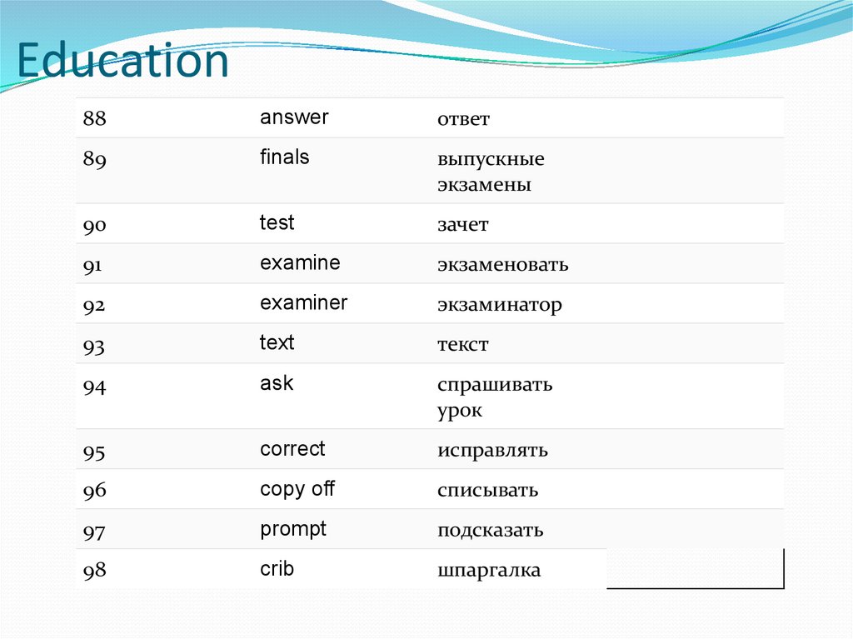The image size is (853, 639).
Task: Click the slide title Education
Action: (122, 61)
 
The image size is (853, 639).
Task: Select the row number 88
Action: (94, 119)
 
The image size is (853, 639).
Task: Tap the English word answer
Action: (294, 117)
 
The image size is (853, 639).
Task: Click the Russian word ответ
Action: (463, 119)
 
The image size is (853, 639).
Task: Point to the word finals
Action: (284, 157)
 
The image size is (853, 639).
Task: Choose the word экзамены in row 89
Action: (484, 185)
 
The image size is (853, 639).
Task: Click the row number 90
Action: (94, 225)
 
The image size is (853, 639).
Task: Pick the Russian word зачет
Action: (462, 225)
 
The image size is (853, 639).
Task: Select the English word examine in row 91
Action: (300, 263)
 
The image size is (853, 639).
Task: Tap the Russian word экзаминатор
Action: (500, 305)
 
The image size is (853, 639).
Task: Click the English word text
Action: (277, 343)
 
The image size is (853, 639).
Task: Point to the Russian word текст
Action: (462, 345)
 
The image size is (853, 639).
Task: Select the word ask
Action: (277, 383)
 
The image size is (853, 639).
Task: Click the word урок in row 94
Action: (460, 412)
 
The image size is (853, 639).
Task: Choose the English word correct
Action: (292, 449)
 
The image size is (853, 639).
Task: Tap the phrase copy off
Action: (297, 489)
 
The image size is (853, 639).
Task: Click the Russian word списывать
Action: (487, 491)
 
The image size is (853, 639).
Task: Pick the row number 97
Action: (94, 531)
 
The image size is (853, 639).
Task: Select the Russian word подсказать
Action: (490, 531)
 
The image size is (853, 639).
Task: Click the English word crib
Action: (277, 569)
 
